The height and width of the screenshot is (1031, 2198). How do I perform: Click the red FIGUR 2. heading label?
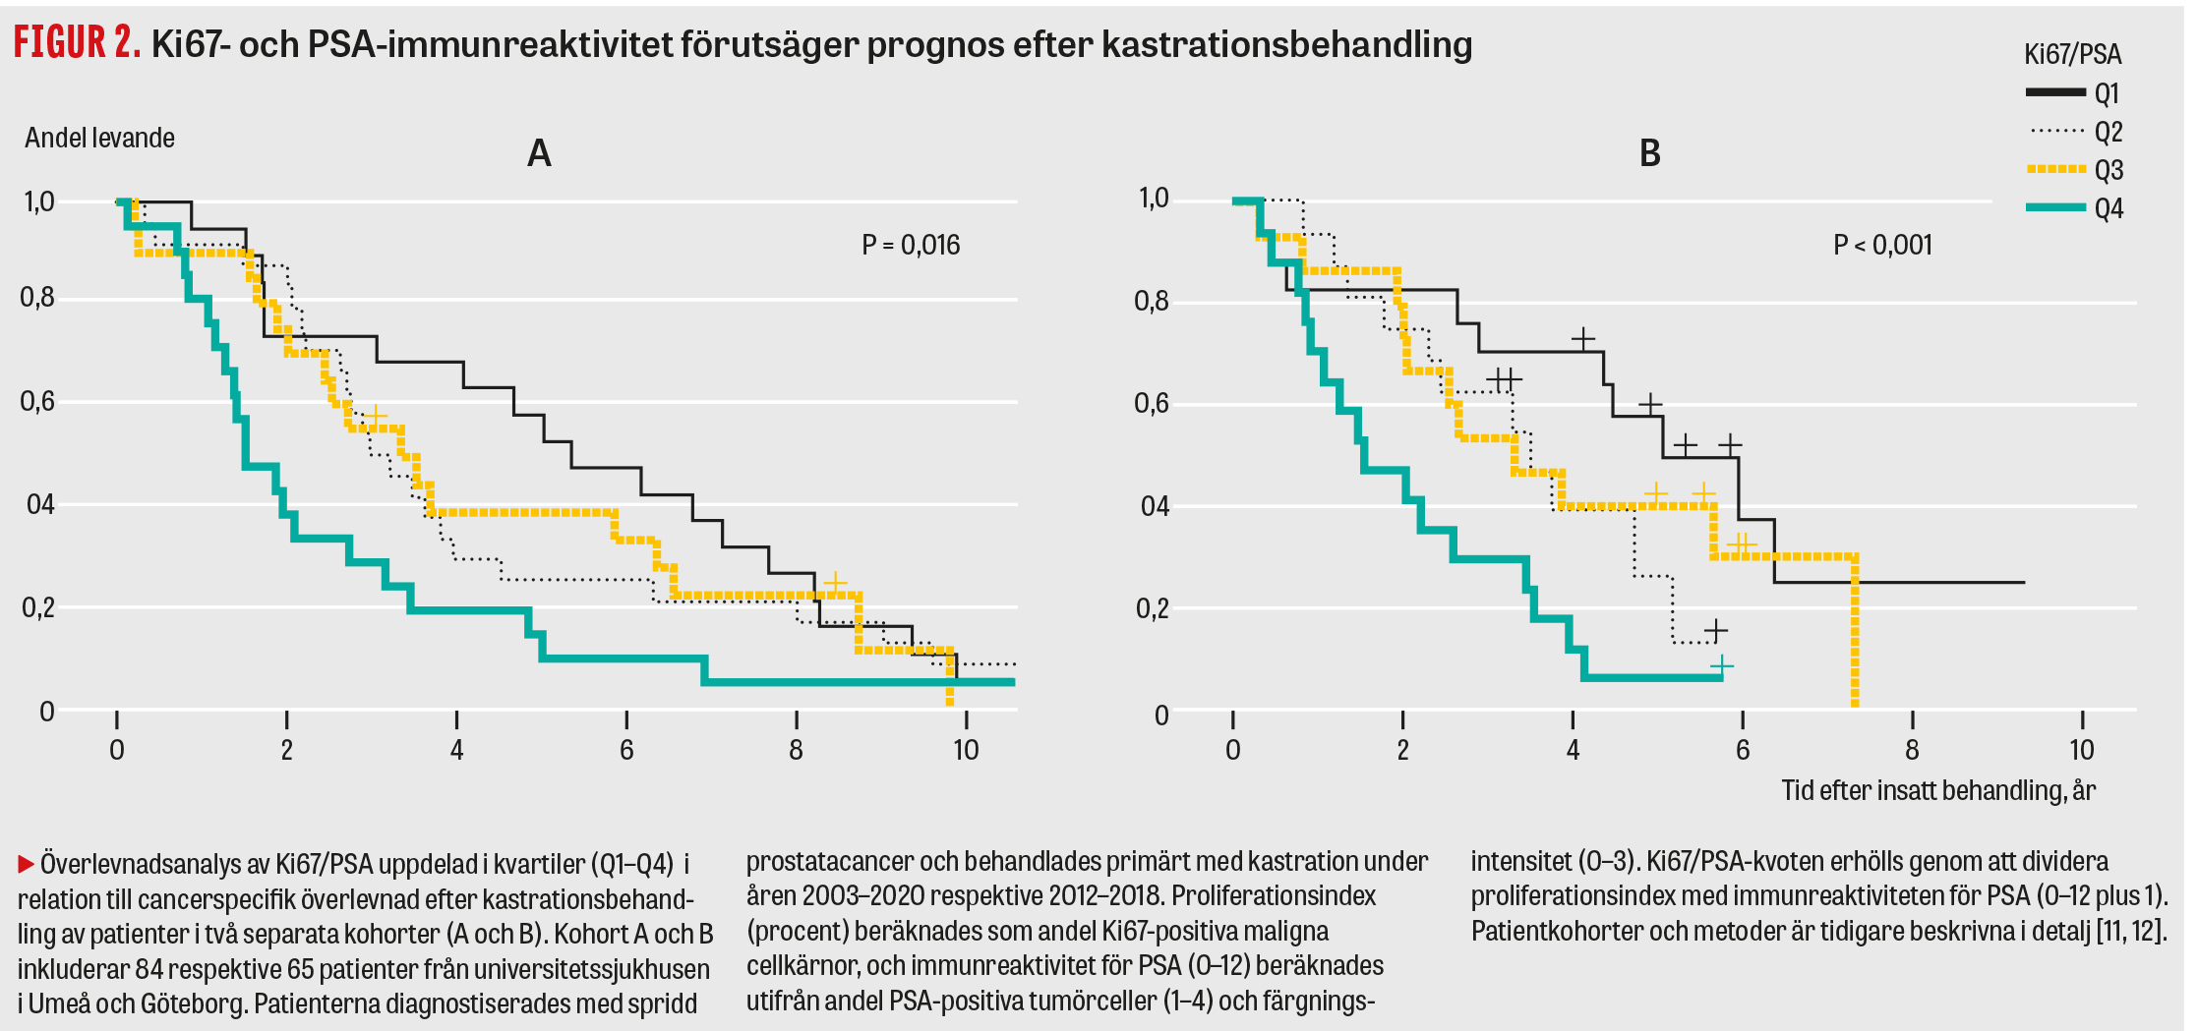[x=77, y=43]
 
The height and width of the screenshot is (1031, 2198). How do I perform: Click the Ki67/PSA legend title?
[x=2072, y=54]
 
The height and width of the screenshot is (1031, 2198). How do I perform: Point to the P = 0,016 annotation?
[x=911, y=245]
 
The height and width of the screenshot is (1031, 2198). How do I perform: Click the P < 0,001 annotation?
[x=1882, y=245]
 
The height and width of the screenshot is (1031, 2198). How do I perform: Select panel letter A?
[x=539, y=153]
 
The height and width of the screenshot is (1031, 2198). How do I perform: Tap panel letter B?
[x=1650, y=153]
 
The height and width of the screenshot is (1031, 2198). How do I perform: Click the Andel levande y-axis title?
[x=99, y=138]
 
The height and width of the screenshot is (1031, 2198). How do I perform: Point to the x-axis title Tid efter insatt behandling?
[x=1937, y=790]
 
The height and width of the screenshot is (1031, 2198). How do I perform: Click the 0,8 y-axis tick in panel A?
[x=37, y=297]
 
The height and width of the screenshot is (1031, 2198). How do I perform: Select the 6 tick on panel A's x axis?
[x=626, y=750]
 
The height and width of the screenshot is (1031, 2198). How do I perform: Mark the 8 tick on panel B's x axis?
[x=1912, y=750]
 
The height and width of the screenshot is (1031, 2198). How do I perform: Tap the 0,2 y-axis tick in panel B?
[x=1152, y=608]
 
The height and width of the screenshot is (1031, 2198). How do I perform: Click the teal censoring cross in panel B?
[x=1721, y=666]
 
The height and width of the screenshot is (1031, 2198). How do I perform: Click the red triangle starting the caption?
[x=26, y=865]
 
